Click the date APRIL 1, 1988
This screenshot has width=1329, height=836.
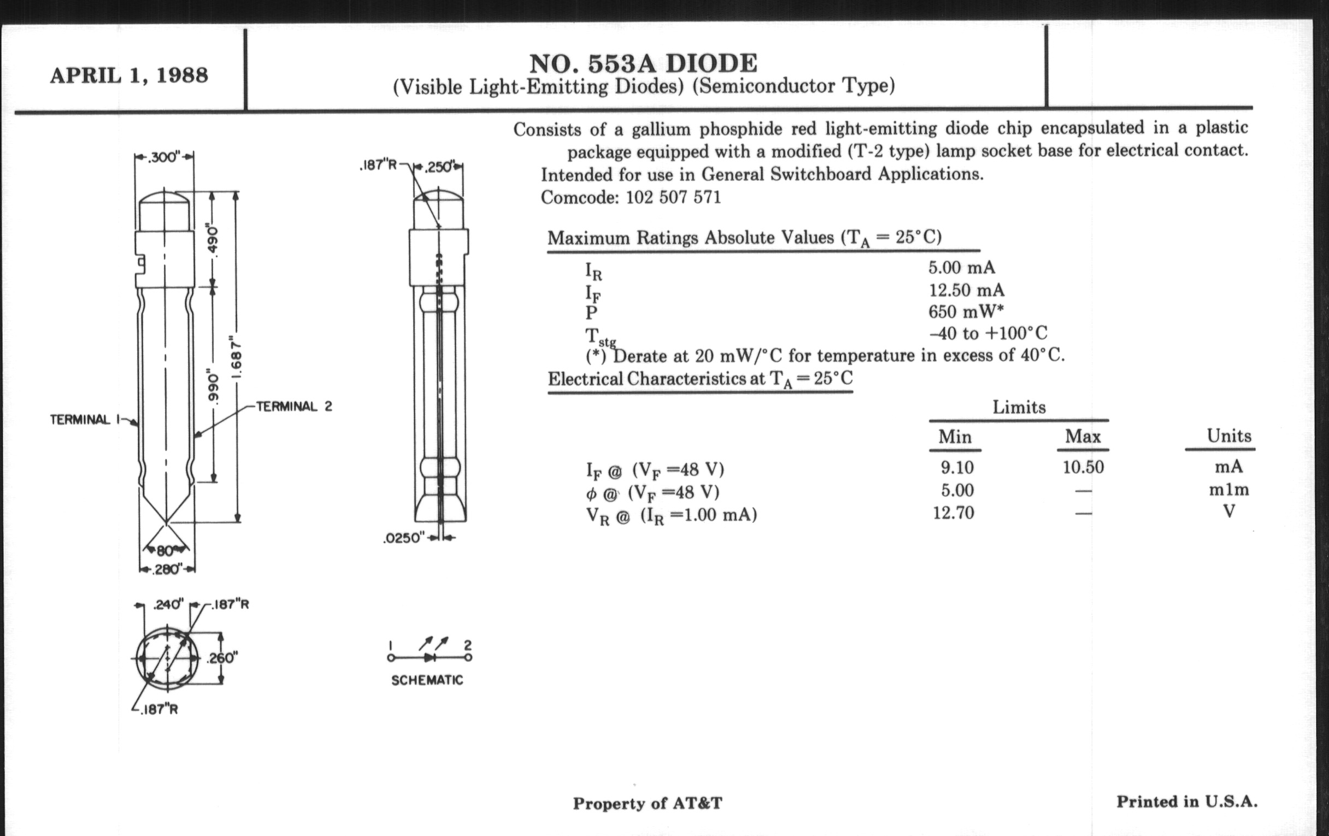click(129, 75)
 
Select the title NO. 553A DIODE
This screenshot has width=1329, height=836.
click(643, 63)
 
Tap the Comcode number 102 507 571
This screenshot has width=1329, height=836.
click(673, 197)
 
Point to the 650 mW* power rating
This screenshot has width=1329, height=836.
click(965, 312)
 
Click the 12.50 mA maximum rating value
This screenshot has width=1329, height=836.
click(966, 290)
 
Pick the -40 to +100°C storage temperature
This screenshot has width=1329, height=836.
click(987, 333)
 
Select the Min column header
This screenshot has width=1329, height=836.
click(955, 437)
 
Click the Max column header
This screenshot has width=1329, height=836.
click(1083, 437)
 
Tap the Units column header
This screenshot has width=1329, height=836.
click(1228, 436)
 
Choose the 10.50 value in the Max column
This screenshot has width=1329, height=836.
click(1083, 467)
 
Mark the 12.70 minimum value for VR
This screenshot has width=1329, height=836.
click(953, 513)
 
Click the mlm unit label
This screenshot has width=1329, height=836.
click(1228, 490)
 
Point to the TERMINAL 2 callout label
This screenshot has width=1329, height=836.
click(294, 407)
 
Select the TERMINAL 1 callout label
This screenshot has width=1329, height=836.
click(80, 420)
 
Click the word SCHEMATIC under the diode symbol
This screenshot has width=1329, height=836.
click(427, 680)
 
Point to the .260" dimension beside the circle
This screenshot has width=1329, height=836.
click(222, 658)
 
